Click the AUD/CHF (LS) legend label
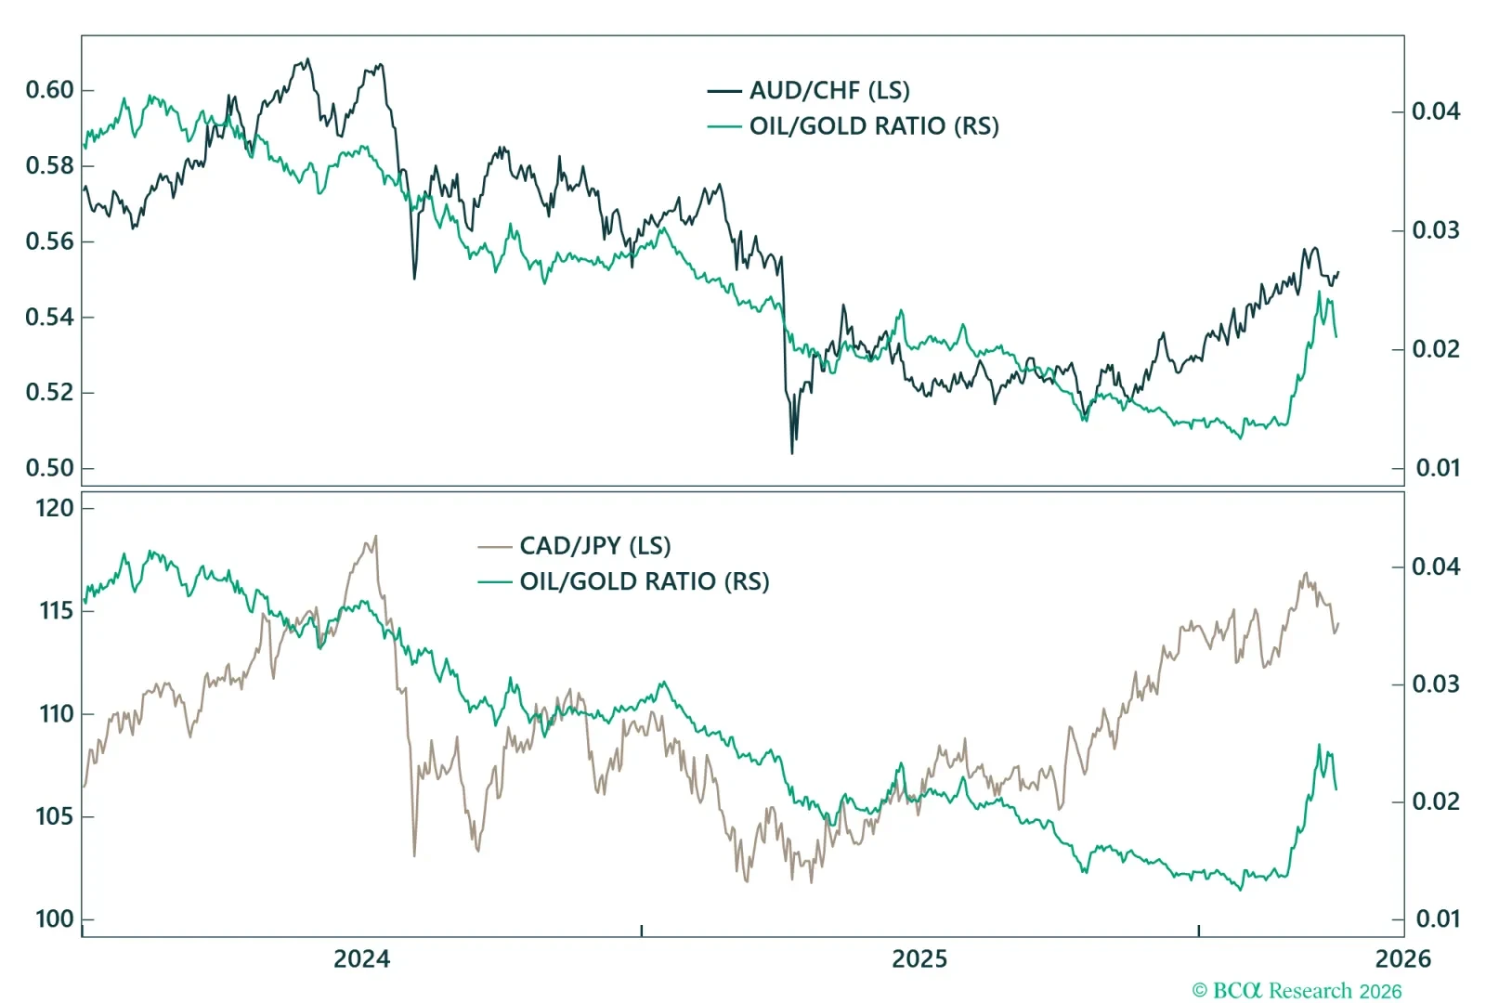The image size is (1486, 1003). point(829,90)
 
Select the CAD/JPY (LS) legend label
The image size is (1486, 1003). point(594,545)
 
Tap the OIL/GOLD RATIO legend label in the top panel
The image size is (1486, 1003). point(874,126)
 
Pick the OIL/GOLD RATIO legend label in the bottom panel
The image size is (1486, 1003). point(645,581)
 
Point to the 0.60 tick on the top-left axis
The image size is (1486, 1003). point(49,90)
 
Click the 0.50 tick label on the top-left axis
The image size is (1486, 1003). point(49,468)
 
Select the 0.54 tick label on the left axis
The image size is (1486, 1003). point(49,317)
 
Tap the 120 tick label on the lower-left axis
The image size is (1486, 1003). point(54,508)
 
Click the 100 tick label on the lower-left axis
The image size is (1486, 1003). point(54,919)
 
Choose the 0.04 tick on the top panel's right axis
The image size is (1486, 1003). point(1436,111)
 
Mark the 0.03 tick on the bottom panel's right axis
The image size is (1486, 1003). point(1436,684)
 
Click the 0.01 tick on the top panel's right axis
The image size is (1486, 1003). point(1438,468)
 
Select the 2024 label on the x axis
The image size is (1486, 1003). point(362,959)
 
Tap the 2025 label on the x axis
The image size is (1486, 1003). point(919,959)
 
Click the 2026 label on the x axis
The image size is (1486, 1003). point(1402,959)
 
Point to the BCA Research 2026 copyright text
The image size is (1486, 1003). point(1297,991)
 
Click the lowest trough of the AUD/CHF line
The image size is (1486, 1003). point(792,452)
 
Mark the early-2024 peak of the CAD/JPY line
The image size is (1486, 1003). point(375,536)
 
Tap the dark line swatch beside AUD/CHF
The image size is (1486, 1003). point(724,91)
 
